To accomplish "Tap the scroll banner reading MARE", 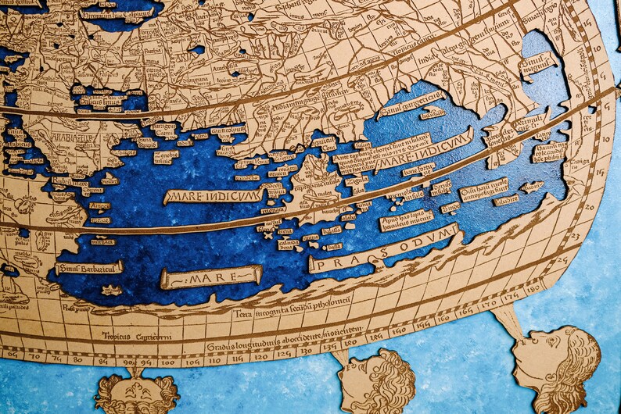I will [210, 277].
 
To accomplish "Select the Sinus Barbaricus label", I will [89, 268].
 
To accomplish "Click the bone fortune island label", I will [418, 168].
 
